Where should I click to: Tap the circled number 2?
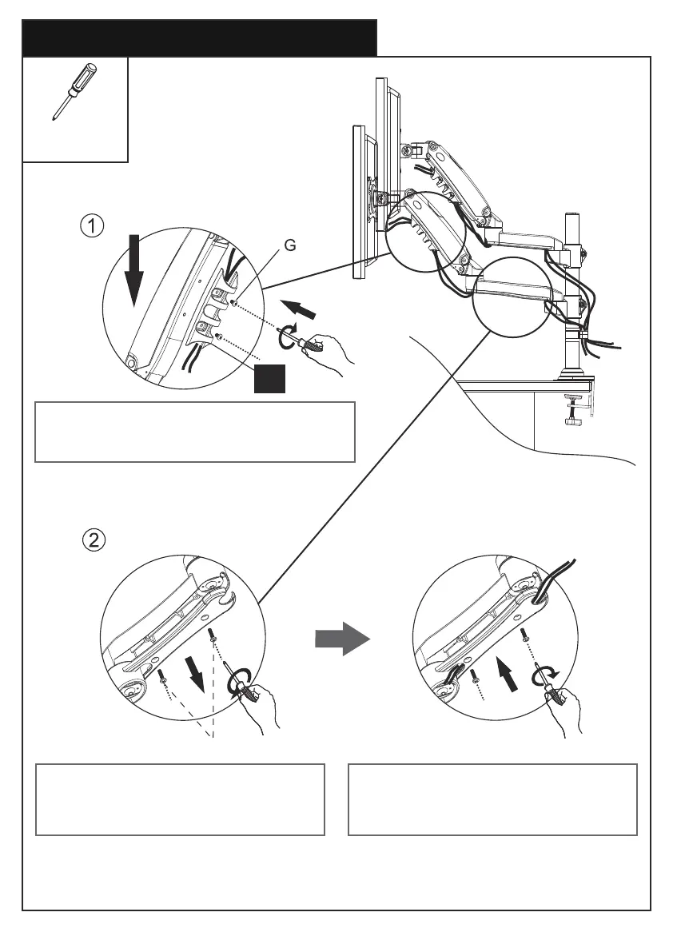(x=94, y=540)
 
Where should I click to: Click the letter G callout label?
(x=290, y=247)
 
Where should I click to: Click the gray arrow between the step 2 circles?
(x=342, y=639)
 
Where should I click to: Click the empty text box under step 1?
(x=194, y=432)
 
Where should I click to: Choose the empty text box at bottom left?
(x=181, y=799)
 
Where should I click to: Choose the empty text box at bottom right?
(x=492, y=799)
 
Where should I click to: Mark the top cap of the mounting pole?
(x=572, y=215)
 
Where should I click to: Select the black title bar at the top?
(x=199, y=38)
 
